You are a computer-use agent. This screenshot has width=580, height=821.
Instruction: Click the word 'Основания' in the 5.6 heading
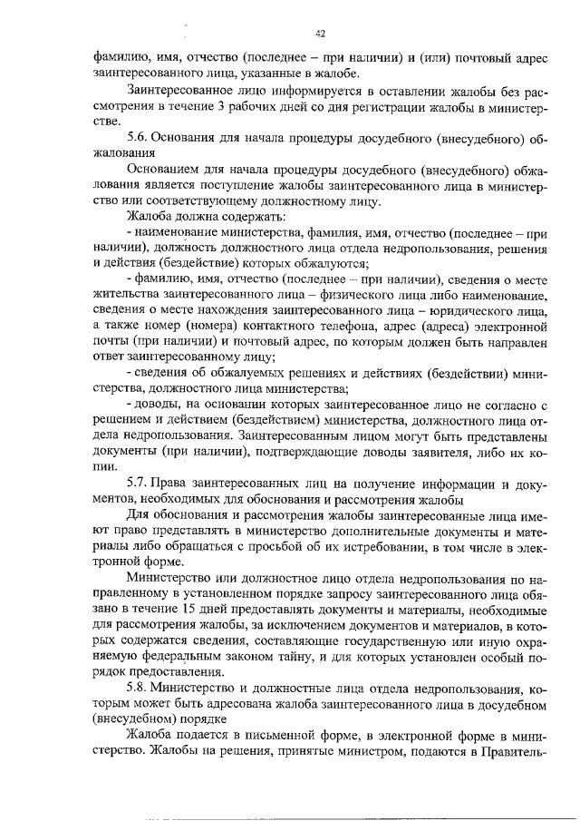[181, 137]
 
